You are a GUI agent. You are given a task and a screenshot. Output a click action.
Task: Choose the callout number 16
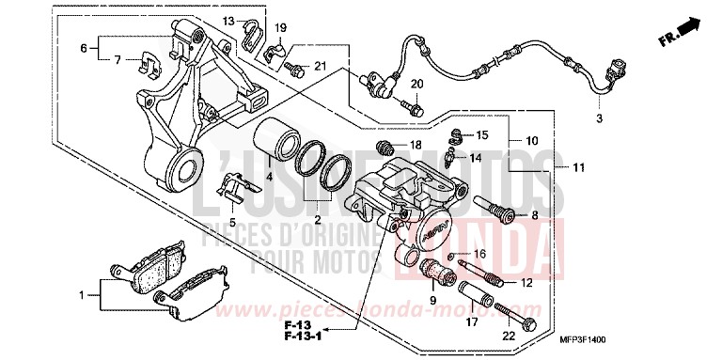479,254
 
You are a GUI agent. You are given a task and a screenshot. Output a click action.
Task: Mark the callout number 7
118,60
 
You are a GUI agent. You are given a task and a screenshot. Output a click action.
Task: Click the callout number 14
476,159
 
